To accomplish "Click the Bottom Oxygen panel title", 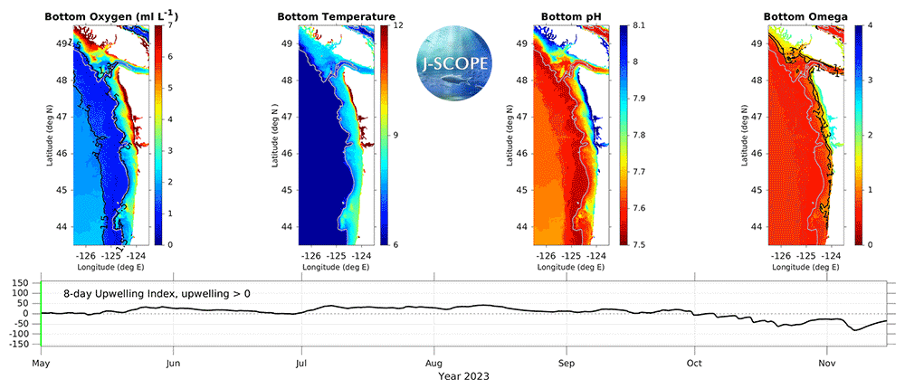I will pyautogui.click(x=101, y=16).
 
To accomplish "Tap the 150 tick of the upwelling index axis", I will pyautogui.click(x=21, y=283).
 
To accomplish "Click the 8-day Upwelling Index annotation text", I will pyautogui.click(x=159, y=294).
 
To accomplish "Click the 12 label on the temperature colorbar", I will pyautogui.click(x=398, y=26).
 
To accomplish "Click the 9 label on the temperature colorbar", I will pyautogui.click(x=395, y=135).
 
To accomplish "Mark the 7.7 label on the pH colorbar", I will pyautogui.click(x=640, y=171).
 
